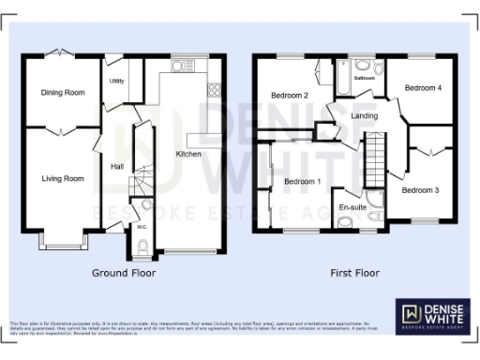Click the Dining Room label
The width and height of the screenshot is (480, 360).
62,92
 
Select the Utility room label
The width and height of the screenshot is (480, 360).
117,82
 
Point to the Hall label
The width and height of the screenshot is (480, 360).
117,167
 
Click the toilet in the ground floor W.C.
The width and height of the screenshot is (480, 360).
142,247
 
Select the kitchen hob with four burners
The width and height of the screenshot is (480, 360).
214,90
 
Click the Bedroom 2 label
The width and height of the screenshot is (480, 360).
290,96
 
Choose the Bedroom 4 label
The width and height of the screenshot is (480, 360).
421,87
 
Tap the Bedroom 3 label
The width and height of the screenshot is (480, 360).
420,189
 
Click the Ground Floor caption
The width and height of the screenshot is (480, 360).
123,274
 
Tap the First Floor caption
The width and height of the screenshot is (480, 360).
353,274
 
